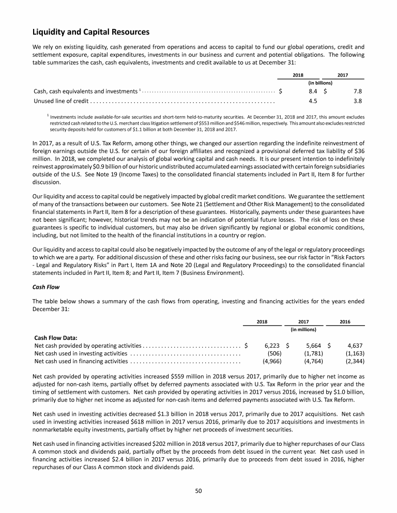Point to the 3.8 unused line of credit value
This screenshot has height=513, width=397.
[x=357, y=101]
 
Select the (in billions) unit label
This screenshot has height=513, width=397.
[x=320, y=82]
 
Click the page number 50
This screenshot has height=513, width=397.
[x=198, y=490]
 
